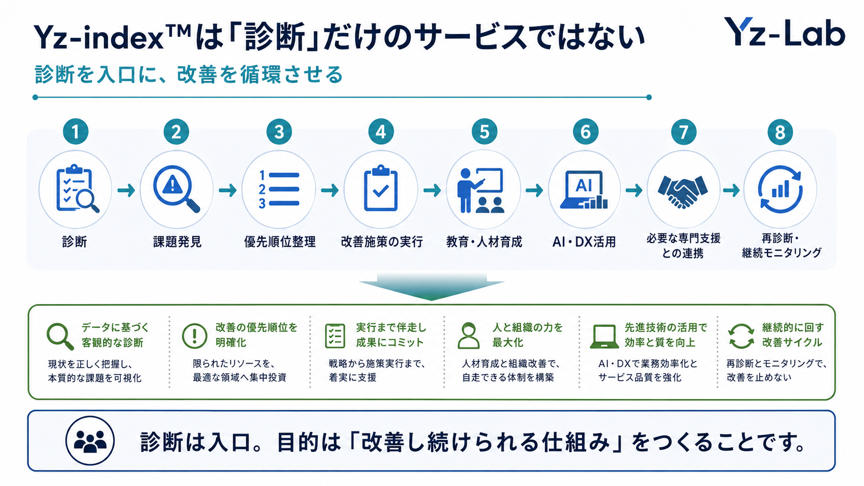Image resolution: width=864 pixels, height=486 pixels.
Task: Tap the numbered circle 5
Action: click(484, 132)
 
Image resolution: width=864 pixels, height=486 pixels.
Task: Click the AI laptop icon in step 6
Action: click(584, 190)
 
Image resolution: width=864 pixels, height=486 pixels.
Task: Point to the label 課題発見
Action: click(177, 242)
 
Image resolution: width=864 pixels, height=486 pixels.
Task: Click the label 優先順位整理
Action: click(280, 242)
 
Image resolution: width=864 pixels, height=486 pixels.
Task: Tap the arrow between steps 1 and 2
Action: click(126, 190)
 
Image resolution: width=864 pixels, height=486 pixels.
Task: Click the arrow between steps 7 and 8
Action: click(731, 190)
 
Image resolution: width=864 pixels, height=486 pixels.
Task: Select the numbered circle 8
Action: click(780, 132)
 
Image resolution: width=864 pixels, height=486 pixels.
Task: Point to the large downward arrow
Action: click(431, 286)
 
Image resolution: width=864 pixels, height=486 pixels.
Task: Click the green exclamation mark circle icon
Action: click(194, 336)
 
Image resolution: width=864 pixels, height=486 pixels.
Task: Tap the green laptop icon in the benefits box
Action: click(605, 336)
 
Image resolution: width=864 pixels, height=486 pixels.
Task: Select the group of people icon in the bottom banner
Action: click(90, 441)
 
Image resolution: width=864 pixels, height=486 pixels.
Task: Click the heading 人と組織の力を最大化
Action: click(528, 335)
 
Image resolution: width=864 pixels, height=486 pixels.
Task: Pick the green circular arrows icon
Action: click(741, 336)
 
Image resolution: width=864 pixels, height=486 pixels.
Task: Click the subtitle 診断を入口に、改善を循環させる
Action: click(189, 74)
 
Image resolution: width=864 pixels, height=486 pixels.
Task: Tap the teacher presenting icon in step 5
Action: click(481, 191)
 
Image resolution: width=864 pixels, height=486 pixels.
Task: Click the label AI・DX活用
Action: click(584, 242)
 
